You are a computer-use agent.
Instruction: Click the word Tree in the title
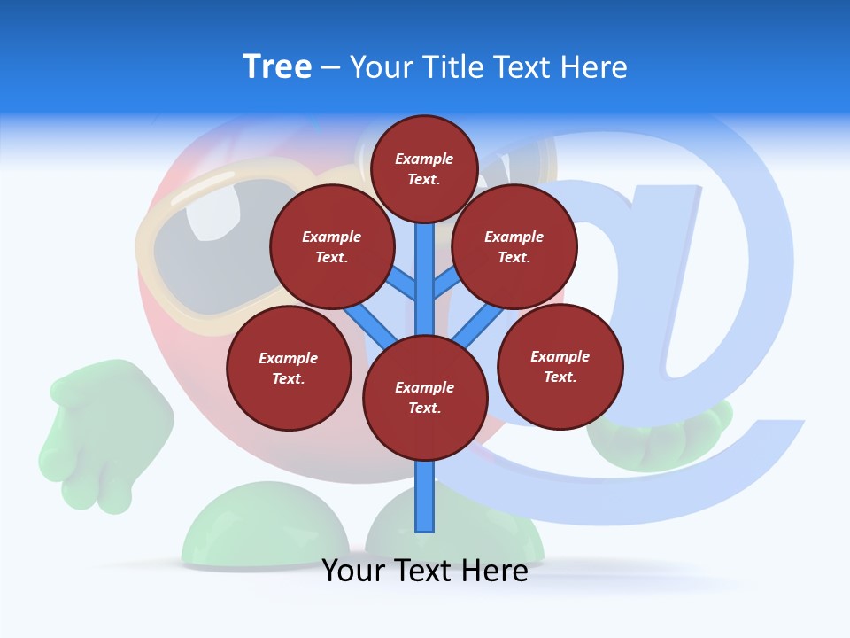click(x=277, y=67)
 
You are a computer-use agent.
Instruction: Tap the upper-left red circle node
click(x=332, y=246)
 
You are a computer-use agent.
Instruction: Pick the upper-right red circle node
click(x=514, y=246)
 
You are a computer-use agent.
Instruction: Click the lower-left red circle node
click(x=289, y=368)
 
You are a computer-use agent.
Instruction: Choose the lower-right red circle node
click(x=560, y=366)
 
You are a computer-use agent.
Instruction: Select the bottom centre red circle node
click(x=425, y=397)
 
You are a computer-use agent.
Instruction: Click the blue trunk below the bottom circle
click(x=425, y=496)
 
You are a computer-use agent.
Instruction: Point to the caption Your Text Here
click(x=425, y=571)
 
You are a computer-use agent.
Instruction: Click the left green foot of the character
click(x=266, y=527)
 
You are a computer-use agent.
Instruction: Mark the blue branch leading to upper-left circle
click(x=404, y=285)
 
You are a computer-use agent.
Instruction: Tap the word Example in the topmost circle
click(x=424, y=159)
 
